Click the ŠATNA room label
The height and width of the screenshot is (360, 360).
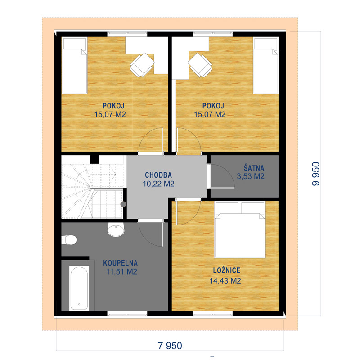254,168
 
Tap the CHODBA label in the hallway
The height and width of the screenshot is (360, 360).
158,175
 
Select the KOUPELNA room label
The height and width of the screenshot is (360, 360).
120,263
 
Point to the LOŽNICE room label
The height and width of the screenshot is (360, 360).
227,270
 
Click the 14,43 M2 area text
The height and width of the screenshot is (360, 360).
225,280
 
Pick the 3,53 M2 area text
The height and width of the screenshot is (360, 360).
251,176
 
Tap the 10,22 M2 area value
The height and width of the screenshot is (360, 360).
158,184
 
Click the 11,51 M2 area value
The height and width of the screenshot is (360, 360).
121,272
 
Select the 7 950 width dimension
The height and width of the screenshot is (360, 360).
170,346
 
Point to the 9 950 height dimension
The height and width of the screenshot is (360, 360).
316,174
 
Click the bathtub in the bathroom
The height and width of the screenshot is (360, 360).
79,288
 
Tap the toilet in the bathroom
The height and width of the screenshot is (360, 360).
69,240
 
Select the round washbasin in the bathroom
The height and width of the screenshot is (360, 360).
116,229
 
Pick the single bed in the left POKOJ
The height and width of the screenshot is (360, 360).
75,65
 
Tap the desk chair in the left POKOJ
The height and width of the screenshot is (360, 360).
142,65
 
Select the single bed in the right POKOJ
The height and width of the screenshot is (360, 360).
265,65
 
